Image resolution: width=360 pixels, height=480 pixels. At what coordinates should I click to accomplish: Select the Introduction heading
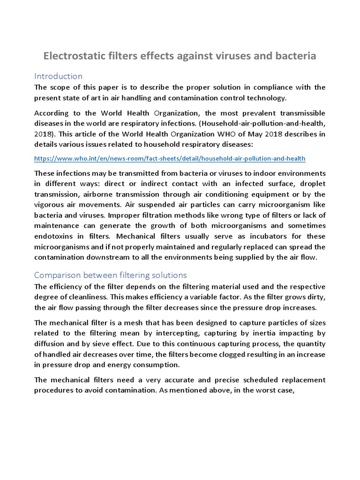[x=58, y=76]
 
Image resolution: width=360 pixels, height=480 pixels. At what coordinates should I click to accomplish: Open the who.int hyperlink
[x=170, y=158]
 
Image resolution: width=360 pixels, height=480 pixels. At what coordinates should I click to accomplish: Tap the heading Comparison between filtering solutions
[x=110, y=275]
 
